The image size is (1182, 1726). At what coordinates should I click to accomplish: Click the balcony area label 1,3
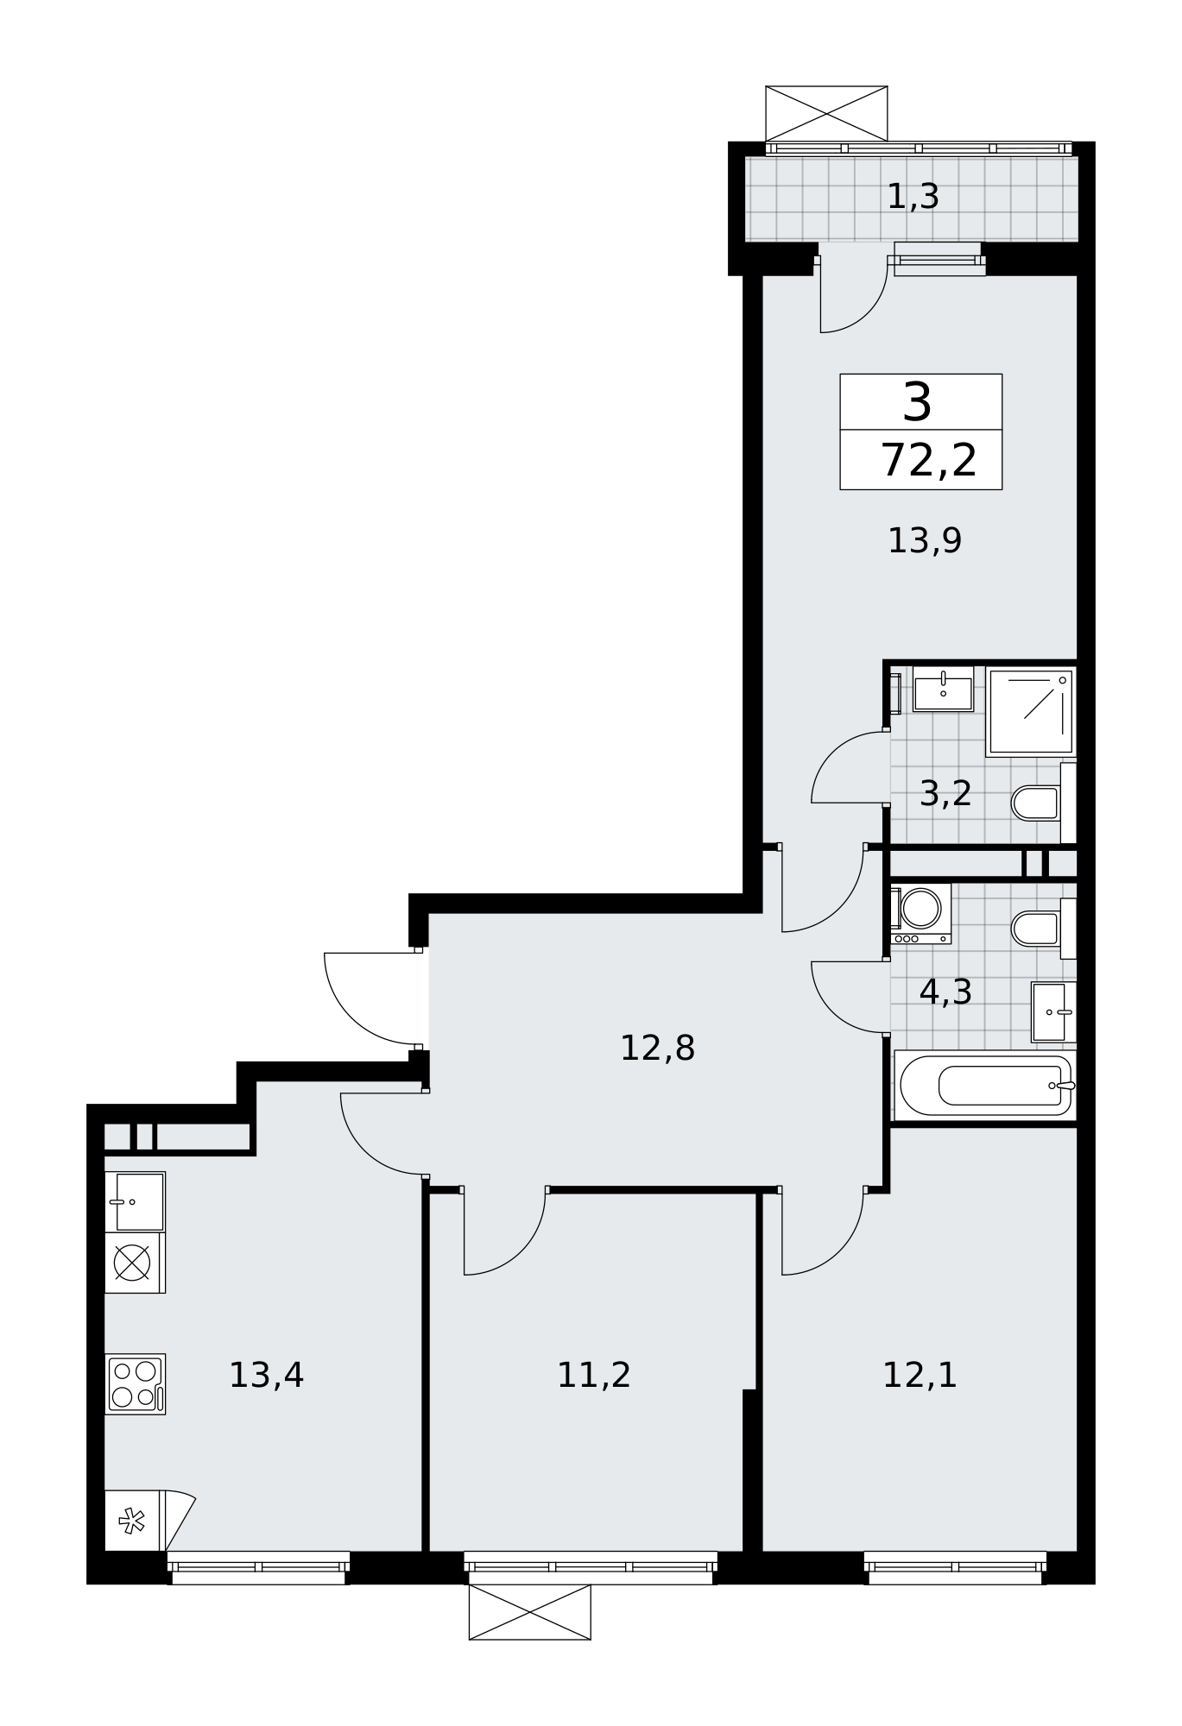913,198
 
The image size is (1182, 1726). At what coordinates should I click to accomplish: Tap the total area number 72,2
929,460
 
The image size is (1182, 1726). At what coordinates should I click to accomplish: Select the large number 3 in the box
917,402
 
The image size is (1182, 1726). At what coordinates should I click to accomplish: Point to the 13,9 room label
925,541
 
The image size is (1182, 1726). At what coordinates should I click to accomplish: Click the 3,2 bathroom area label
945,793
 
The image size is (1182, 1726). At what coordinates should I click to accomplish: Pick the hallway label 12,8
657,1049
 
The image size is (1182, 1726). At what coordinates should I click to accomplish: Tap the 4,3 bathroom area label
945,992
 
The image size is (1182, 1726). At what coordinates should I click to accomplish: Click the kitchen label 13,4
266,1376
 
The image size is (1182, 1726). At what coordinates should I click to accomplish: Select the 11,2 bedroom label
594,1376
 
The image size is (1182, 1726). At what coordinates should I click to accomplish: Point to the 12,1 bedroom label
920,1376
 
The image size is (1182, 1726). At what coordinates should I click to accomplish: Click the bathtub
985,1085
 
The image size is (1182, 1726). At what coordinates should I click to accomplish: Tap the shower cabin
1031,712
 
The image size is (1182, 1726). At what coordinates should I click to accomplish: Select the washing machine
921,913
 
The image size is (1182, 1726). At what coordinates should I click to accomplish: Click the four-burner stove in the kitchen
135,1384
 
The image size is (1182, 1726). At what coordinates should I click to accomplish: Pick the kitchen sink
135,1201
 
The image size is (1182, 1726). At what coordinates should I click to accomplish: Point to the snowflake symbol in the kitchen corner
131,1521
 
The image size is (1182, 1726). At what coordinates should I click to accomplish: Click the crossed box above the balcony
826,113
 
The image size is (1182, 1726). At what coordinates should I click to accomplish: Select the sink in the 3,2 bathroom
943,689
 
